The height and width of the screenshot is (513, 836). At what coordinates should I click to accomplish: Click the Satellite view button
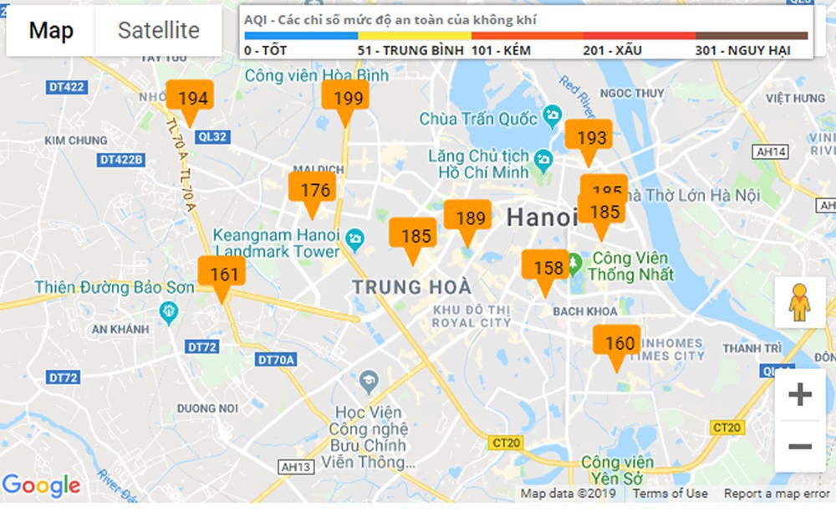(158, 31)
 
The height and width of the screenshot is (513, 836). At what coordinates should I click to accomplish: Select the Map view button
(51, 31)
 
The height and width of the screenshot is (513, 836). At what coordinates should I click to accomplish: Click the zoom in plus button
(800, 394)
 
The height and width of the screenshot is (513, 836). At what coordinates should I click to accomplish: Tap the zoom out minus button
(800, 446)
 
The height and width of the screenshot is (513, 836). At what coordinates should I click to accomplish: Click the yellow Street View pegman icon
(800, 303)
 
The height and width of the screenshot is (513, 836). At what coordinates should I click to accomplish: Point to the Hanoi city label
(542, 218)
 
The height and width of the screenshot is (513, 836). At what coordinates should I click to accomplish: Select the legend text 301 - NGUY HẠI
(742, 50)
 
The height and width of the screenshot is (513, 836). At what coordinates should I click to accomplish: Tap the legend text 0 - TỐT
(266, 50)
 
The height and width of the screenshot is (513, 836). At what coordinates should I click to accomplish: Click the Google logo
(41, 485)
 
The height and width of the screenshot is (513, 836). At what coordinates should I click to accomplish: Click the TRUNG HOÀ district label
(411, 287)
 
